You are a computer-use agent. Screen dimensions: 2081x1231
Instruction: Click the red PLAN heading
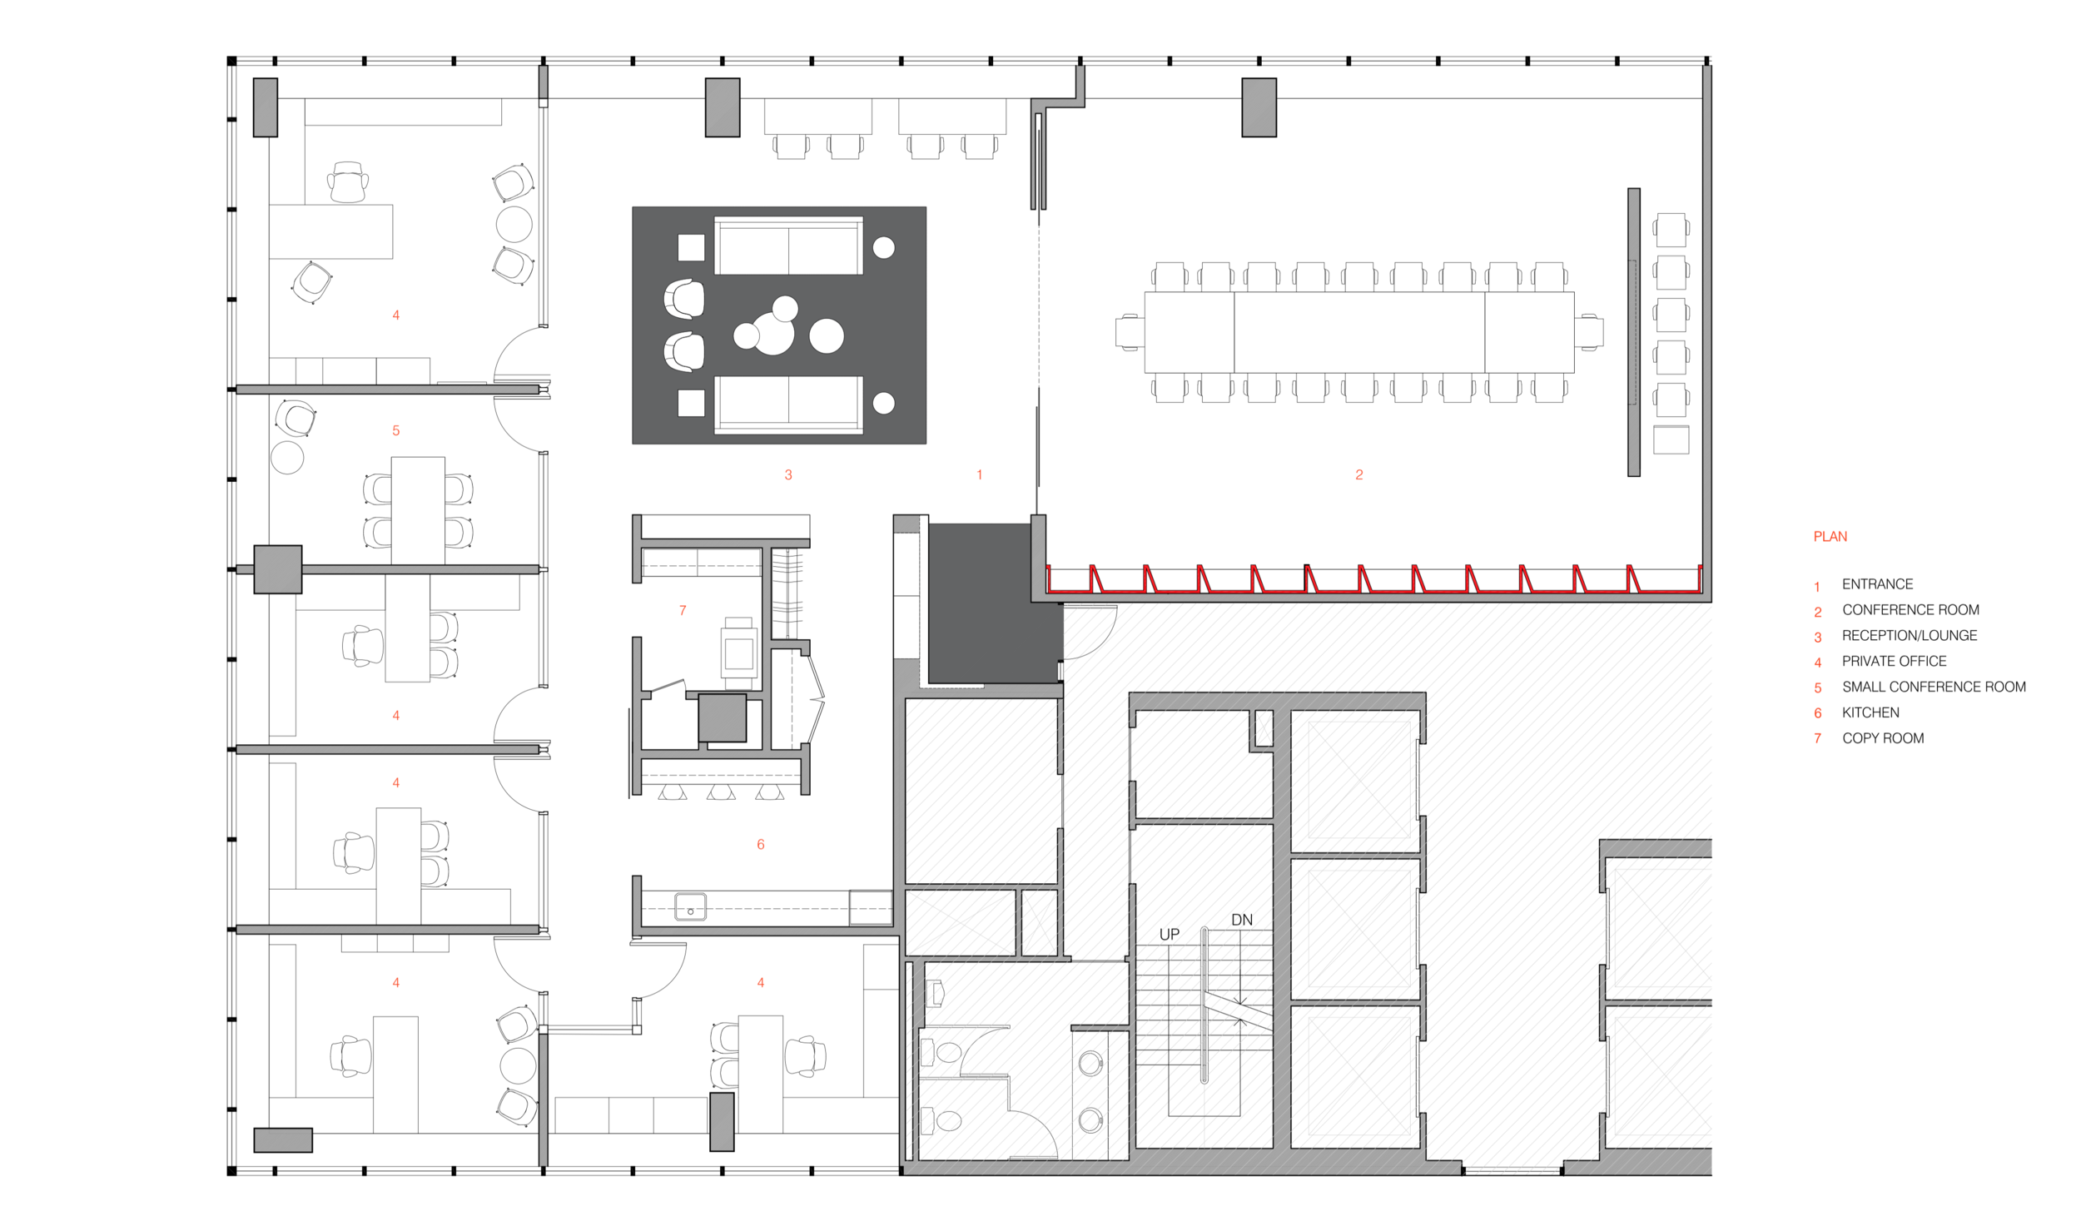(1830, 537)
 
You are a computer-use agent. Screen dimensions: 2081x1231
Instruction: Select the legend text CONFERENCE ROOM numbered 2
(1910, 610)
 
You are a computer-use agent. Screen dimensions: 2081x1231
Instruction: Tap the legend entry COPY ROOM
(1883, 738)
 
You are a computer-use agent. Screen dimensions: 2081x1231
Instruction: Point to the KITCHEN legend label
(1870, 712)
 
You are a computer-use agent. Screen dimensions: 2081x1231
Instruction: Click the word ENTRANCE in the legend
(1877, 584)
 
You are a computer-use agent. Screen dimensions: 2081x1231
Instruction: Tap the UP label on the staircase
(1170, 935)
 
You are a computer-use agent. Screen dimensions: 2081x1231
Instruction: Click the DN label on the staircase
(1242, 920)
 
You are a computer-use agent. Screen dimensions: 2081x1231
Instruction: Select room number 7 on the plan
(683, 611)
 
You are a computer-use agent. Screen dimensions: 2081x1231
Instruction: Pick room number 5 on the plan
(396, 431)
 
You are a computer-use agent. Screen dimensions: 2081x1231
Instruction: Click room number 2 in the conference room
(1359, 475)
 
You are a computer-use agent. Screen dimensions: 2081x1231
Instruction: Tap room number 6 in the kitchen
(761, 845)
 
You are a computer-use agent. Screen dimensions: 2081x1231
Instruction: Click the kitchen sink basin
(690, 906)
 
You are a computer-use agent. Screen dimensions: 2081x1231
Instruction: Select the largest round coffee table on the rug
(773, 334)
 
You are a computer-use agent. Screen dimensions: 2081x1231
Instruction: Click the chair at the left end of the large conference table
(1130, 333)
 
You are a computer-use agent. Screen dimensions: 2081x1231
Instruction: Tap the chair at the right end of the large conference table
(1589, 333)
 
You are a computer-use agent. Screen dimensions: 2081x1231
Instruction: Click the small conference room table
(418, 510)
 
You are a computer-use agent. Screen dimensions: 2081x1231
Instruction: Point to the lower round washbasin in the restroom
(1090, 1119)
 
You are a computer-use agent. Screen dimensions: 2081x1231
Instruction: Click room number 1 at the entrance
(980, 475)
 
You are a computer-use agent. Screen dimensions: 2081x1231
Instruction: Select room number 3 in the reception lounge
(788, 475)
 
